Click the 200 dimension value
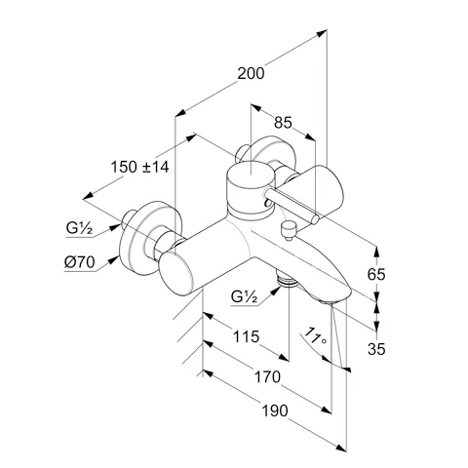[251, 73]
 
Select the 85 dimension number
[283, 123]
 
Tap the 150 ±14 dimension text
[139, 167]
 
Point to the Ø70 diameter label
[79, 262]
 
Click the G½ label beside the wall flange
[79, 228]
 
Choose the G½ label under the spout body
[244, 296]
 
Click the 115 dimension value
[247, 336]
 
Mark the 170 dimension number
[267, 377]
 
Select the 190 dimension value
[275, 410]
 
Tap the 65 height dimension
[376, 275]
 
